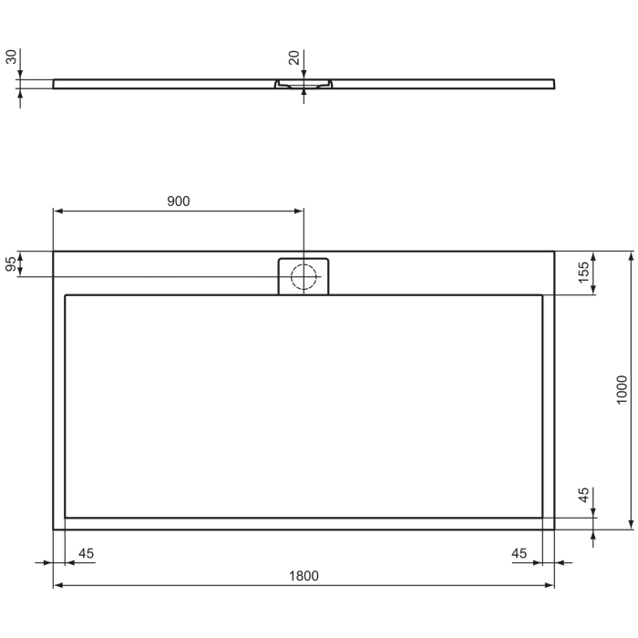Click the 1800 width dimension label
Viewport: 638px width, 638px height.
(x=304, y=575)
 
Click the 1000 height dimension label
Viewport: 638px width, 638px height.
(x=622, y=389)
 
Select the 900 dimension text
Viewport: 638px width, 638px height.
(x=179, y=201)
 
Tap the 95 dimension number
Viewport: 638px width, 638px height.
(x=12, y=264)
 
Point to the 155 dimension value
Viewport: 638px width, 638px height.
(x=584, y=272)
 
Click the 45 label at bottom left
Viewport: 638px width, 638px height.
(x=87, y=553)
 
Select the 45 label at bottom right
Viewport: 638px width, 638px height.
(x=520, y=553)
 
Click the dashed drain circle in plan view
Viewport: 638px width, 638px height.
(x=304, y=275)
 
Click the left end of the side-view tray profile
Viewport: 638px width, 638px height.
(x=55, y=84)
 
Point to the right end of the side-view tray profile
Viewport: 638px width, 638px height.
(x=553, y=84)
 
